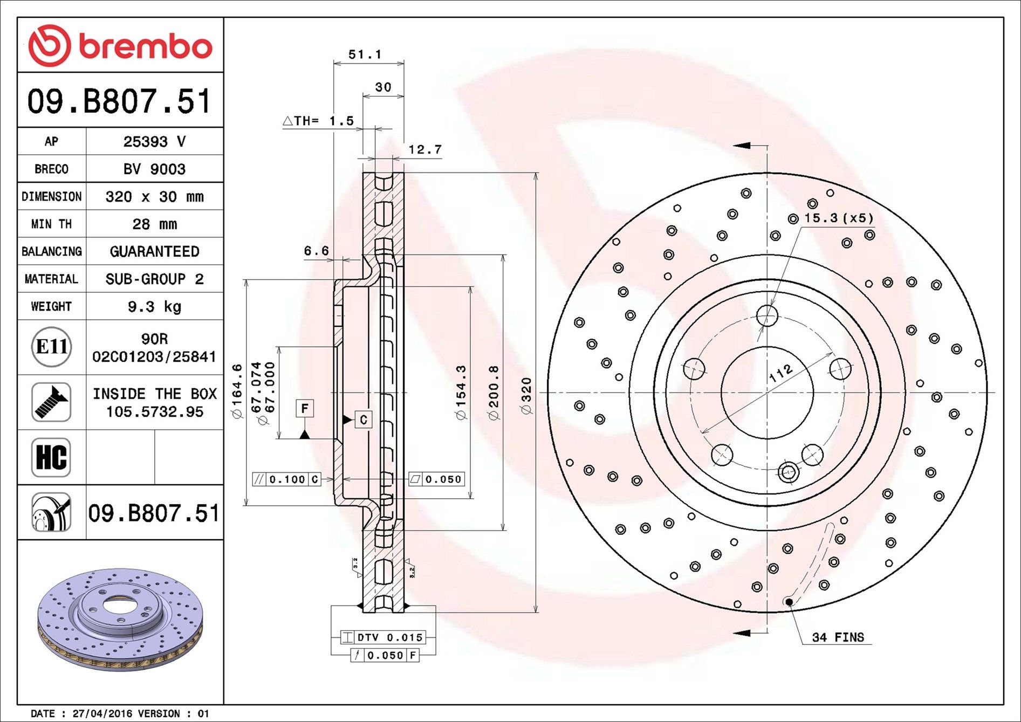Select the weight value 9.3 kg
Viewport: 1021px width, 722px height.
(x=154, y=307)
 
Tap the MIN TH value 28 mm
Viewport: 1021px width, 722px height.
(x=154, y=224)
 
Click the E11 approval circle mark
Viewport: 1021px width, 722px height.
(x=51, y=347)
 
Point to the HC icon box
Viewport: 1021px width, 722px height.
(x=51, y=457)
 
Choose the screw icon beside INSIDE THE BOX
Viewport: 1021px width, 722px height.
(x=51, y=402)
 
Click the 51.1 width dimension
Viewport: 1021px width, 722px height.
(x=365, y=54)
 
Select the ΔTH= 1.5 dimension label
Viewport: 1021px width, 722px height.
(x=318, y=121)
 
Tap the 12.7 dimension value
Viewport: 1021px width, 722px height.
(x=425, y=149)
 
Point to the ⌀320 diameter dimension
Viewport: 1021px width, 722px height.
(x=527, y=396)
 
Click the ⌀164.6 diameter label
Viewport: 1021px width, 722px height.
(x=237, y=391)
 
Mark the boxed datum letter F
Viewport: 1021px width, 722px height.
(x=305, y=408)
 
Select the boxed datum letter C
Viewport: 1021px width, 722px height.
(x=364, y=420)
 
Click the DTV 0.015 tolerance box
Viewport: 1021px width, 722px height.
(x=383, y=637)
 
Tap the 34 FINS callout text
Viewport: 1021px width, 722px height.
(x=838, y=637)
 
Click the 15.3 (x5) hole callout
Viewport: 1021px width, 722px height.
(x=838, y=218)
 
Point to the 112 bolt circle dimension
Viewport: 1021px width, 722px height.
(x=780, y=373)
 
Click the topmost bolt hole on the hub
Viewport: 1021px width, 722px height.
(x=766, y=315)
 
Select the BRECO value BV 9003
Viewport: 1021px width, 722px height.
(x=154, y=169)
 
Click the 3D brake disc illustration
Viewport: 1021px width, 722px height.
(x=121, y=620)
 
